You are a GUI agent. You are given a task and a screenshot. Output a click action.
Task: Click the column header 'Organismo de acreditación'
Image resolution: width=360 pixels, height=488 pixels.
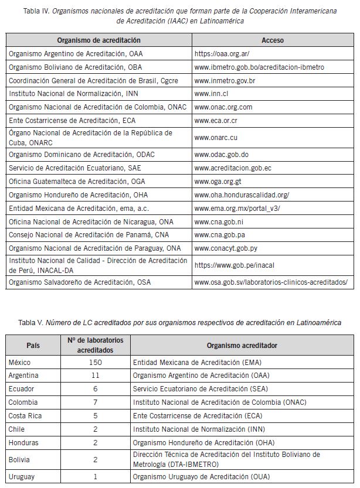(x=99, y=40)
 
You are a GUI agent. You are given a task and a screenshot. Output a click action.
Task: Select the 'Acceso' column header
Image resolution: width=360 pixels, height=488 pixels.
(x=272, y=40)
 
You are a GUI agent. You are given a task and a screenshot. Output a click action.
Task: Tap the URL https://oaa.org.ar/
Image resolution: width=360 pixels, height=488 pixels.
(x=221, y=54)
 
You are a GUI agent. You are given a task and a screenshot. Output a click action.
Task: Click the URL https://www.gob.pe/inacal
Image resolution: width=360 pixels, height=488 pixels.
(x=234, y=265)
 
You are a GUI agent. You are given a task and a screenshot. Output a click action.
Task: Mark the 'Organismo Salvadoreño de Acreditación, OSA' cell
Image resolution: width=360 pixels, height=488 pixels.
(x=79, y=282)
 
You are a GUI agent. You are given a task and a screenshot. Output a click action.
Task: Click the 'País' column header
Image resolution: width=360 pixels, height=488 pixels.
(x=33, y=345)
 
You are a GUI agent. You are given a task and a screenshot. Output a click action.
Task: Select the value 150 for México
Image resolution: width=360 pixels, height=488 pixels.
(x=96, y=363)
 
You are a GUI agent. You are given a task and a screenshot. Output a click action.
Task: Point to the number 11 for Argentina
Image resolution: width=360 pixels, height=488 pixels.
(x=96, y=376)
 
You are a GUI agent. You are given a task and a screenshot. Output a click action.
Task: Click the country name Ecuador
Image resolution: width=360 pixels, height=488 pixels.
(x=22, y=389)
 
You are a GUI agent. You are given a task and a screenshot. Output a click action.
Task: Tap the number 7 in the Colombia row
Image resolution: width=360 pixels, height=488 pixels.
(x=96, y=402)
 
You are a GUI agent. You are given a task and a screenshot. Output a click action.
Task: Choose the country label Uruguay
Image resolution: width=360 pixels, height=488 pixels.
(x=22, y=476)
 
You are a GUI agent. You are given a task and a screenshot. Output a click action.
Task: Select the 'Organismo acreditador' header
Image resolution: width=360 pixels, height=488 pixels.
(x=242, y=345)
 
